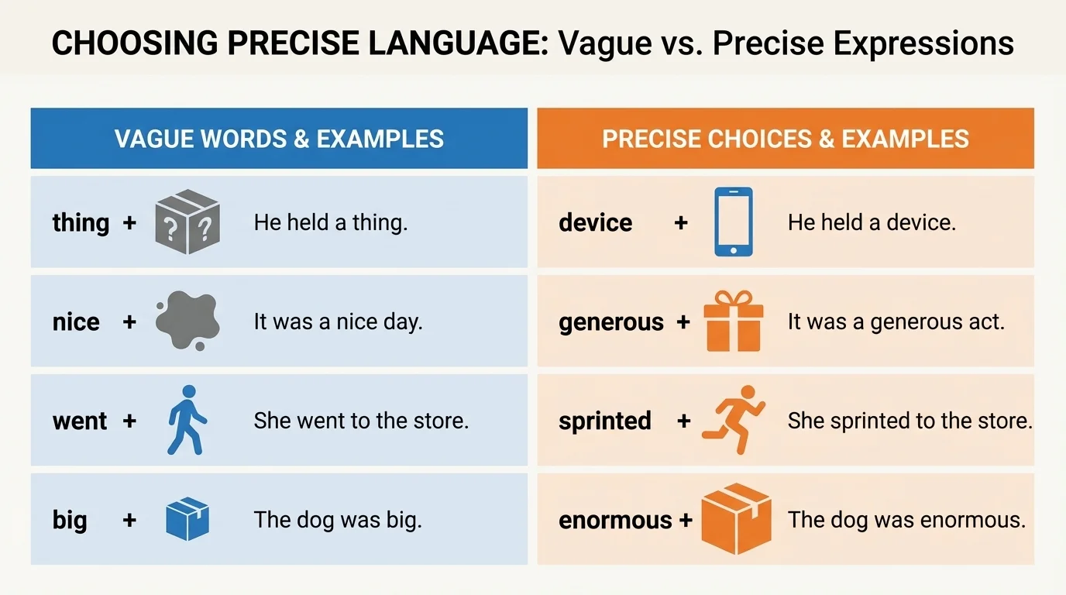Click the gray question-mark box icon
(187, 222)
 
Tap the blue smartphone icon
(732, 222)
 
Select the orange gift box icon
(733, 322)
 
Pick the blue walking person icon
(187, 420)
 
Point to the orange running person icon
(734, 419)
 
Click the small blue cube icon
(187, 519)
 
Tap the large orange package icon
(736, 518)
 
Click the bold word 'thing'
(81, 223)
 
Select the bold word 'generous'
(611, 322)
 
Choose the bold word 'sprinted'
(604, 421)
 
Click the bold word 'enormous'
(615, 520)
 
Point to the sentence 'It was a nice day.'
(338, 322)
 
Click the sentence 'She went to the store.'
(361, 421)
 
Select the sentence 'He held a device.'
(872, 223)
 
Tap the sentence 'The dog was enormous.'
(906, 519)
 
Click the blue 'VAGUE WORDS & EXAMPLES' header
(279, 139)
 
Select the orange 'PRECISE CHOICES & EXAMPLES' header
(786, 139)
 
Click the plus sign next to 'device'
(681, 223)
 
